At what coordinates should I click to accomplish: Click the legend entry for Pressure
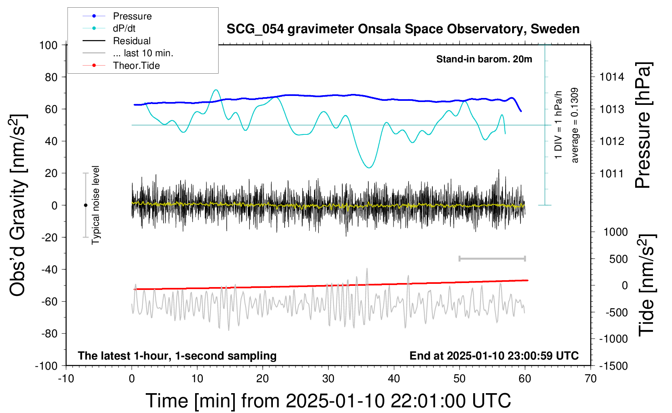click(132, 16)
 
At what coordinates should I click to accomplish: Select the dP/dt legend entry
click(124, 28)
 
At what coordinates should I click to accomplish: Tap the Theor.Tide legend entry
click(136, 66)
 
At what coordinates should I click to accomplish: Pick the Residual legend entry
click(132, 41)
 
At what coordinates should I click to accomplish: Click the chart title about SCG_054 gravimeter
click(403, 29)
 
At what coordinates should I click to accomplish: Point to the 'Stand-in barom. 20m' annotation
click(484, 59)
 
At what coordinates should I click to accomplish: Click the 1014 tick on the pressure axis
click(612, 77)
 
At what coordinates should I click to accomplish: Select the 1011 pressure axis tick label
click(612, 173)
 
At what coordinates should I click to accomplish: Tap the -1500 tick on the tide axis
click(613, 366)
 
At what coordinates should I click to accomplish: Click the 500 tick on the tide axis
click(619, 259)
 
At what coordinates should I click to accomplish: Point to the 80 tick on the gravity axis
click(51, 77)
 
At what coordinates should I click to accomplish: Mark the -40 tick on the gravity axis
click(49, 269)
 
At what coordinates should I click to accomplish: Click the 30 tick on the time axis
click(328, 379)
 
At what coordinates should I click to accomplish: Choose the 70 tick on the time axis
click(591, 379)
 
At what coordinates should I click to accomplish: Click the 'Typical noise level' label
click(96, 205)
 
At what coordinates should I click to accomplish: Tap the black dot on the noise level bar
click(85, 205)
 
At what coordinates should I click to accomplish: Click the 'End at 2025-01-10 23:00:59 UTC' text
click(494, 356)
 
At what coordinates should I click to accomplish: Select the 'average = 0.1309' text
click(575, 126)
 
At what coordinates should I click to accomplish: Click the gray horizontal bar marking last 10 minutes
click(492, 258)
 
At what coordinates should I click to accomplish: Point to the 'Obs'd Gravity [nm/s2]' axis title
click(19, 205)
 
